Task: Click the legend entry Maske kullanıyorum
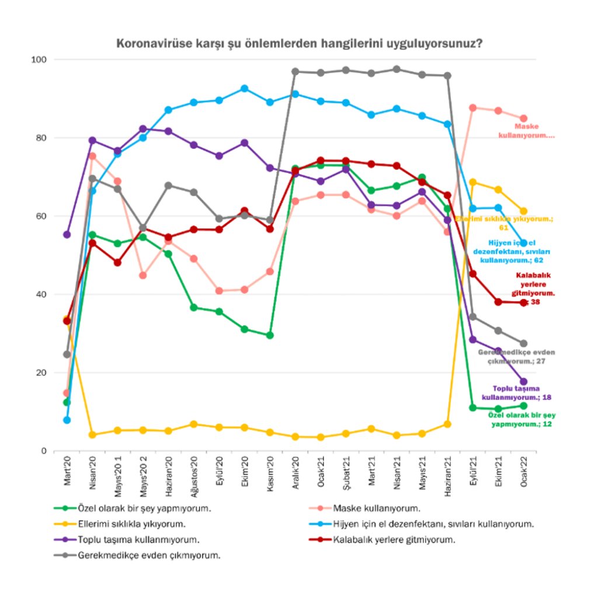click(x=374, y=508)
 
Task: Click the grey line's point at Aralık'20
click(x=295, y=71)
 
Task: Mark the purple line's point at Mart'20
click(x=67, y=234)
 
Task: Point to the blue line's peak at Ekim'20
click(x=245, y=88)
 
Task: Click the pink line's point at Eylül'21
click(x=473, y=107)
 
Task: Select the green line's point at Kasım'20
click(x=270, y=335)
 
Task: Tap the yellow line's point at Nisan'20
click(x=92, y=434)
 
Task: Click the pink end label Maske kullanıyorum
click(x=526, y=130)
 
